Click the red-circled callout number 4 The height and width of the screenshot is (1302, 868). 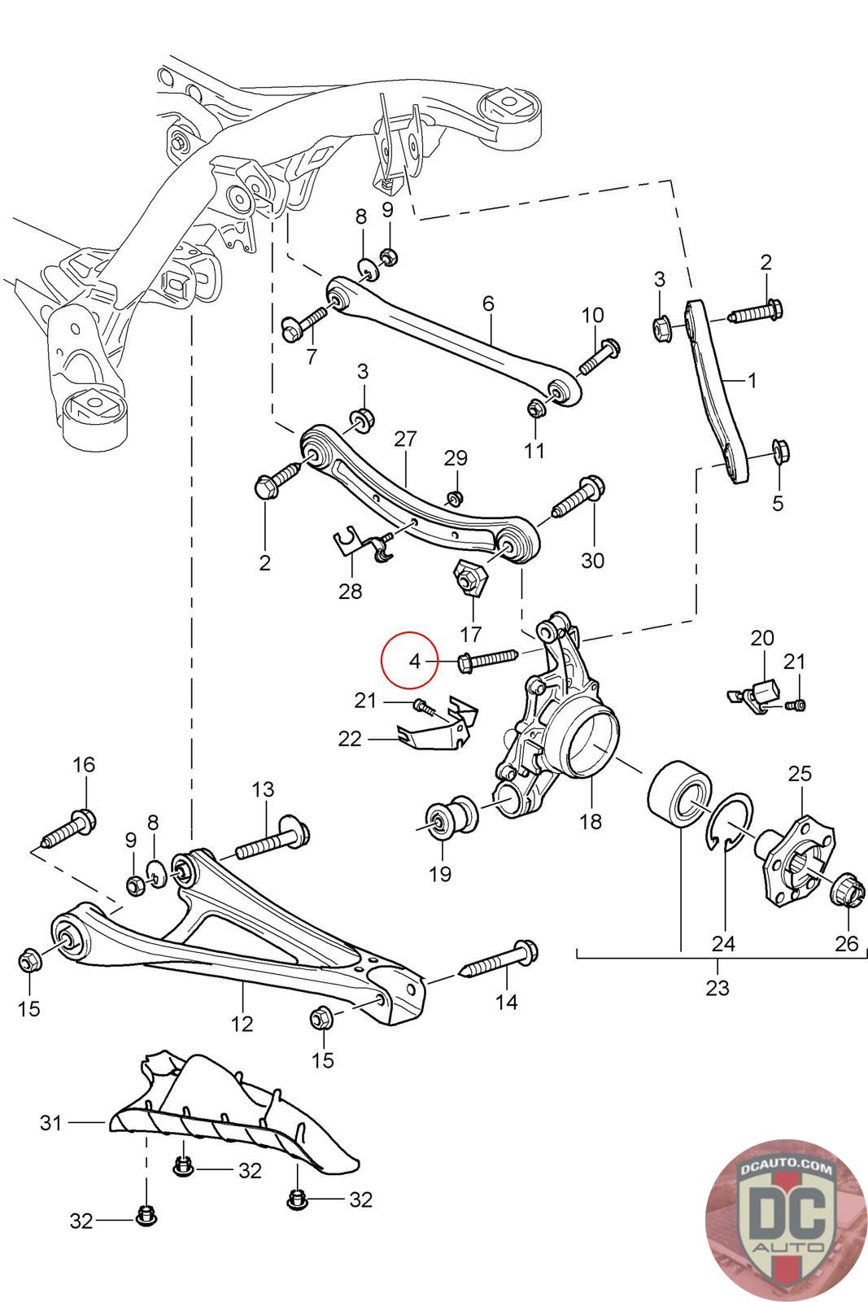pos(415,661)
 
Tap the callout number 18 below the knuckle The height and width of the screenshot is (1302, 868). pos(591,821)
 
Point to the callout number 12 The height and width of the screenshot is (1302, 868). pos(242,1023)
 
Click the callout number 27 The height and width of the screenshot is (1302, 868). pos(405,440)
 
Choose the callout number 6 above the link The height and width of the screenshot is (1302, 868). pos(488,304)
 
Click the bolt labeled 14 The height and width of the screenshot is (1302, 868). pos(500,960)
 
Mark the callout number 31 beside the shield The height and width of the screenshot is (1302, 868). pos(50,1124)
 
